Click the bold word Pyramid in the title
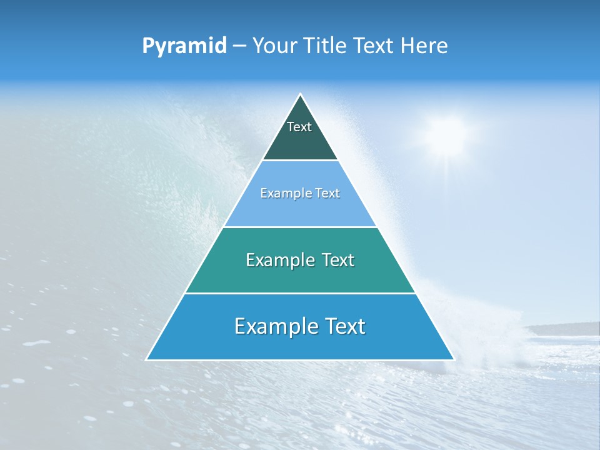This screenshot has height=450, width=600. click(184, 46)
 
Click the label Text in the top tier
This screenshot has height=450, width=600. click(299, 127)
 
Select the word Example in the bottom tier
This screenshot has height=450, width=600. click(276, 326)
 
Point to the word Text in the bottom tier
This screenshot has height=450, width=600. click(344, 326)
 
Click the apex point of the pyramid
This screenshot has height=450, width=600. click(300, 94)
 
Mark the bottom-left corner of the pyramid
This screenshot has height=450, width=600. click(147, 359)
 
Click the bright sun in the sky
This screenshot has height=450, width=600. click(446, 135)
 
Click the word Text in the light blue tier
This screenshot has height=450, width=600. click(327, 194)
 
